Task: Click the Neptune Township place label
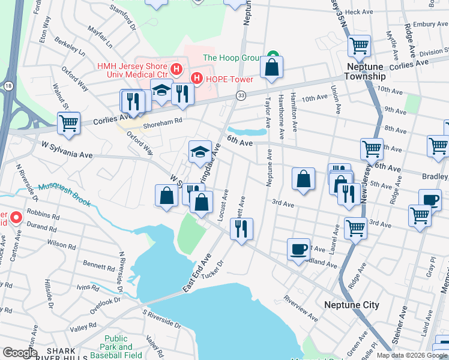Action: click(x=365, y=71)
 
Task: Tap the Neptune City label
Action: click(x=351, y=305)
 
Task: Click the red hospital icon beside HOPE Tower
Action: click(x=196, y=79)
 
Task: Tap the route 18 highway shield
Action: click(x=7, y=86)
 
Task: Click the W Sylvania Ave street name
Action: click(x=67, y=150)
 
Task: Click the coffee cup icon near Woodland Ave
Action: click(x=298, y=249)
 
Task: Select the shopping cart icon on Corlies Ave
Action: click(x=69, y=123)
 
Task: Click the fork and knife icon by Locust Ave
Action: click(x=241, y=229)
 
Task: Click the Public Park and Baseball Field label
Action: click(x=116, y=347)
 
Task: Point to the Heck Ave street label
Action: click(x=359, y=11)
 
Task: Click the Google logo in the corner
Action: click(x=20, y=353)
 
